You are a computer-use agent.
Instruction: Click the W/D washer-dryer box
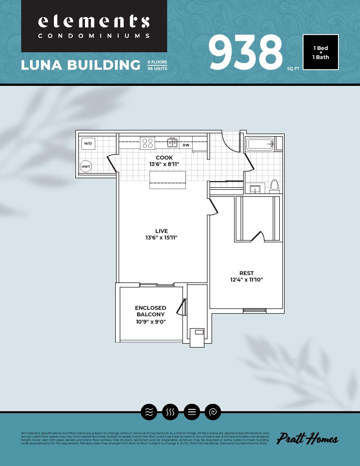click(x=88, y=143)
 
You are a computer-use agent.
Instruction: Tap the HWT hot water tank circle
click(x=86, y=166)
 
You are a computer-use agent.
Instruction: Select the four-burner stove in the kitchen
click(x=147, y=143)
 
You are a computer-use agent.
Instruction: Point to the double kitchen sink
click(x=172, y=143)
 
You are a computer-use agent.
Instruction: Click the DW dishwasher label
click(x=186, y=145)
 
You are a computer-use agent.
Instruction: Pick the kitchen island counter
click(x=167, y=180)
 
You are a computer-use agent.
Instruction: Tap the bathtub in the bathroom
click(x=260, y=144)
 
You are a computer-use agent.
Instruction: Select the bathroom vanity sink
click(x=255, y=189)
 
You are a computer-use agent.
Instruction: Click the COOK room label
click(x=164, y=158)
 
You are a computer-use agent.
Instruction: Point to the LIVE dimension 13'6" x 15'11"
click(x=162, y=238)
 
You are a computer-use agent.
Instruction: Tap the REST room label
click(x=246, y=273)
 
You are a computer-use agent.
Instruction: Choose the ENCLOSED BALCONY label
click(x=150, y=311)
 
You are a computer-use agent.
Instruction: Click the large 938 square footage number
click(x=246, y=53)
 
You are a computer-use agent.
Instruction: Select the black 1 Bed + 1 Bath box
click(x=320, y=52)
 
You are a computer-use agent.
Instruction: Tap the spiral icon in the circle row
click(x=213, y=412)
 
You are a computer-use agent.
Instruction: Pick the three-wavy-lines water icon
click(x=149, y=412)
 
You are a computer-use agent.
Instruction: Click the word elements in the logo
click(x=94, y=22)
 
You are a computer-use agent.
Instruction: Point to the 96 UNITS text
click(x=157, y=69)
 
